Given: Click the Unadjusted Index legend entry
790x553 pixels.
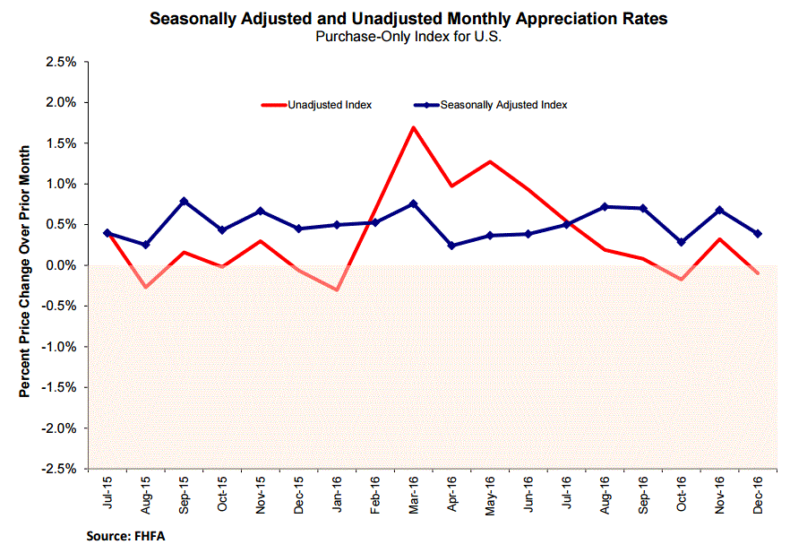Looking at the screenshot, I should (329, 105).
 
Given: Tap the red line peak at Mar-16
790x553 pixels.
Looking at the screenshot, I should (413, 127).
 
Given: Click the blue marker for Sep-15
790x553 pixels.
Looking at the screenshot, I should (184, 202).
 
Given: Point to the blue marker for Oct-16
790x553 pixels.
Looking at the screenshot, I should (681, 242).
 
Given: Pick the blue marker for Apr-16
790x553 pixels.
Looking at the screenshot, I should (451, 246).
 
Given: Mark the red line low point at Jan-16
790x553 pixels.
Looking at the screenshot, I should (337, 290).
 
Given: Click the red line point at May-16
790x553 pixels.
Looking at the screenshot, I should (490, 161).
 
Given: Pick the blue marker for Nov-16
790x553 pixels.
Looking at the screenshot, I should (719, 211).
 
